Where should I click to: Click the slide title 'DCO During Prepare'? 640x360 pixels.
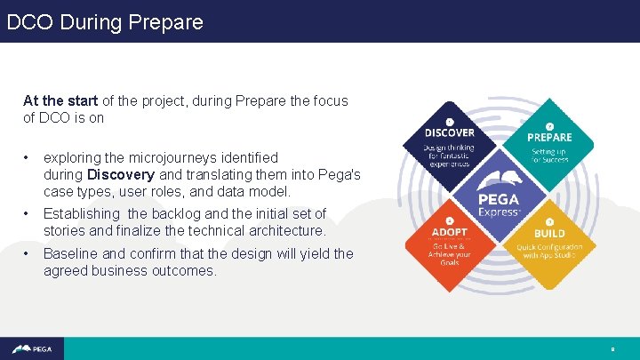[105, 21]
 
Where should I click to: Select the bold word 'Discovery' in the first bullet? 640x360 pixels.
[120, 174]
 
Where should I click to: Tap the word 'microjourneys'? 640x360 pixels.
[168, 157]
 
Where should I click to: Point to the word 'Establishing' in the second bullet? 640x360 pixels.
[81, 213]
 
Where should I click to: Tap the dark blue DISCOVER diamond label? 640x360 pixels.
[449, 132]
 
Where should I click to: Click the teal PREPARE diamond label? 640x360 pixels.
[549, 137]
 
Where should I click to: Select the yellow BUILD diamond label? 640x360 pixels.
[549, 232]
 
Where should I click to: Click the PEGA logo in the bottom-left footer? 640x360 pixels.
[32, 348]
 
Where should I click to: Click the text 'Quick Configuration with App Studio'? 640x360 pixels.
[549, 250]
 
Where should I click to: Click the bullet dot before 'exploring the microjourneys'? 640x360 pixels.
[28, 157]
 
